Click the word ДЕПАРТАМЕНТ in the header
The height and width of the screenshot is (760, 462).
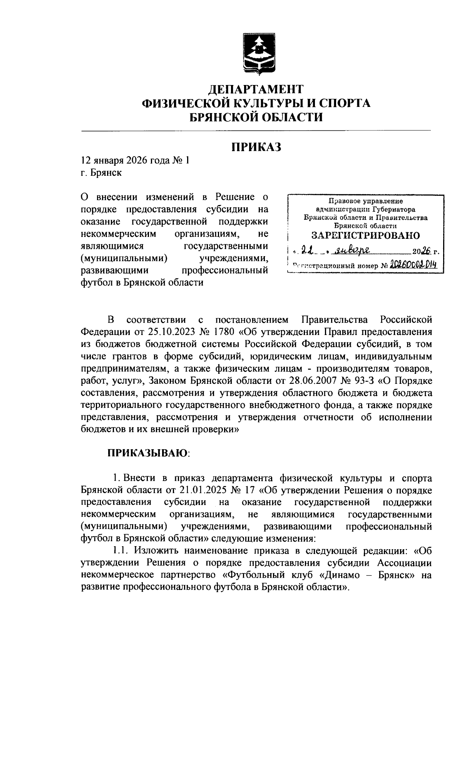point(256,90)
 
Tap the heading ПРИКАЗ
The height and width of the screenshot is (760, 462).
point(256,147)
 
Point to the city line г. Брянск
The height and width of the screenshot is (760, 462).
point(101,173)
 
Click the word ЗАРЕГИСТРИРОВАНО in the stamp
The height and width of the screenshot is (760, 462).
point(365,235)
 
